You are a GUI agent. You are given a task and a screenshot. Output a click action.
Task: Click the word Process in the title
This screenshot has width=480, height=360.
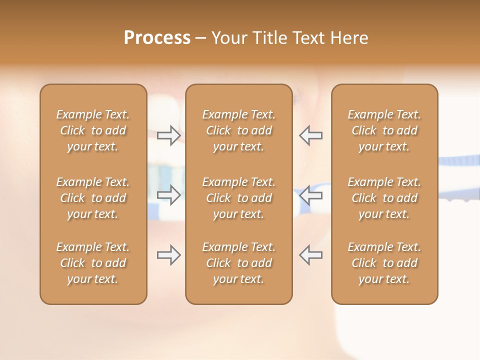point(157,37)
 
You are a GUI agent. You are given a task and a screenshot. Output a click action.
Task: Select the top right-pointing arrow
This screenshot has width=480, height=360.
point(168,135)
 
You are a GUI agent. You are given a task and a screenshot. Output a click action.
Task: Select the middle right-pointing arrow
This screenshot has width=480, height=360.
point(168,195)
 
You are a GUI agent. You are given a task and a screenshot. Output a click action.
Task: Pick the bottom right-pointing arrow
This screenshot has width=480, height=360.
point(168,255)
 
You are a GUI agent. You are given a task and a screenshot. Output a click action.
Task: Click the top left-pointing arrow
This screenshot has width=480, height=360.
point(310,135)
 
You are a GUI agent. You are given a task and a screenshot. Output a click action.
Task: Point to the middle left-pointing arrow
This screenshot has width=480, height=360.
point(310,195)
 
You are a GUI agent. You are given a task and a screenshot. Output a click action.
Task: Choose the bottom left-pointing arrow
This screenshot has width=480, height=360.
point(310,255)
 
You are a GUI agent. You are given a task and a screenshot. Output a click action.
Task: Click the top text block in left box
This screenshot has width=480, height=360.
point(93,130)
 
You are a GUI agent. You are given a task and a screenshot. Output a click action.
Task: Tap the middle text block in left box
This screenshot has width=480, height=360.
point(93,198)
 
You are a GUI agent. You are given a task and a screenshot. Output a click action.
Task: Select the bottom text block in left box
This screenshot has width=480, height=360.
point(93,263)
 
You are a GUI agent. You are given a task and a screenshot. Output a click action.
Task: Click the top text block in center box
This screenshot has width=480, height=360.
point(238,130)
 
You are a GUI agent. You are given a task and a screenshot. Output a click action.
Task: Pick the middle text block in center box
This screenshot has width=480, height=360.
point(238,198)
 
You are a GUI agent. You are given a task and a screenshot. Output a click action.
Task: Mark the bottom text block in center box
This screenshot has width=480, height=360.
point(238,263)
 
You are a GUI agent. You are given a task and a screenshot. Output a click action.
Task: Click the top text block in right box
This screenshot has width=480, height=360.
point(384,130)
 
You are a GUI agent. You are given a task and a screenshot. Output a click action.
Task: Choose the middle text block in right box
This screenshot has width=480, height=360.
point(384,198)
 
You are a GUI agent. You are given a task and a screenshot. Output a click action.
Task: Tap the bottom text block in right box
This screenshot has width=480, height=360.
point(384,263)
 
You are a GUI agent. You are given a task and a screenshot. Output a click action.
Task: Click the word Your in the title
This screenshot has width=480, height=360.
point(228,37)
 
